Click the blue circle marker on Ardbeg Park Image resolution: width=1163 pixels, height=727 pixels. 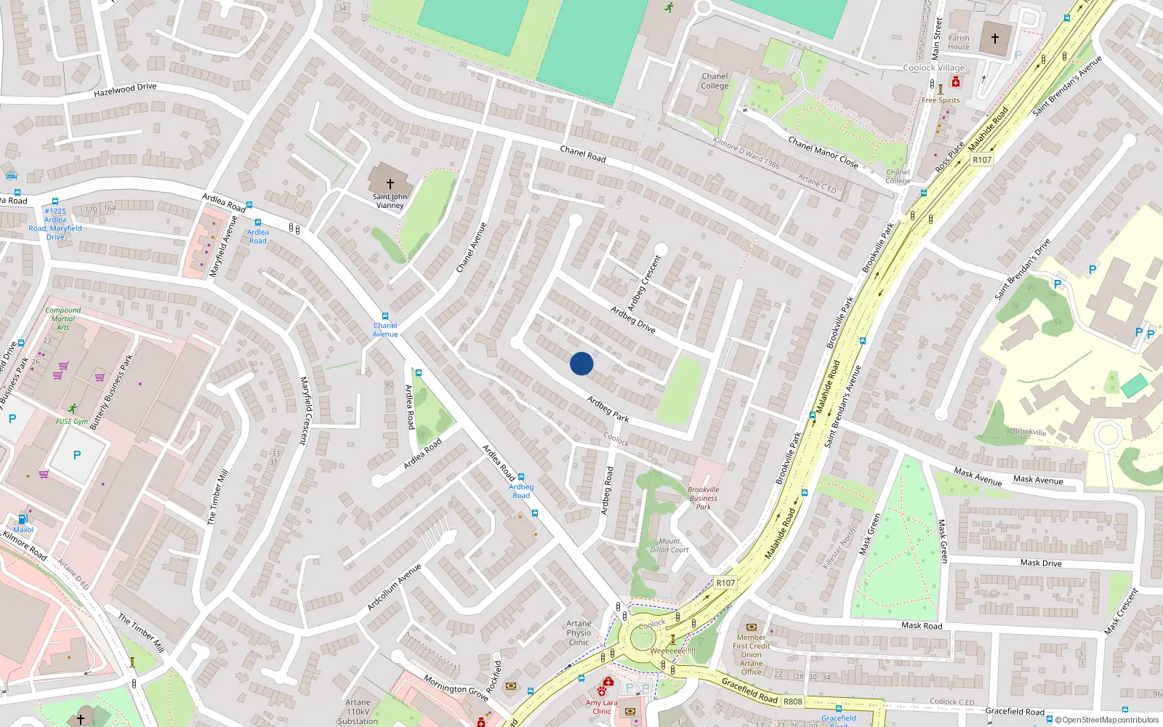pyautogui.click(x=581, y=363)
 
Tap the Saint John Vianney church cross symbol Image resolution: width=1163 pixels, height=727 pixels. pyautogui.click(x=390, y=184)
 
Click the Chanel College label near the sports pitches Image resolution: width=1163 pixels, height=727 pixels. pyautogui.click(x=715, y=81)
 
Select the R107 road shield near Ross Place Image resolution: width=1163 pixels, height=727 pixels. pyautogui.click(x=982, y=160)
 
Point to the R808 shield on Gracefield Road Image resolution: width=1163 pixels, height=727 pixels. pyautogui.click(x=793, y=702)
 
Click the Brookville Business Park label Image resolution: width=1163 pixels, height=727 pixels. pyautogui.click(x=703, y=498)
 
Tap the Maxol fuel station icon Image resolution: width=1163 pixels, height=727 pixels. pyautogui.click(x=23, y=519)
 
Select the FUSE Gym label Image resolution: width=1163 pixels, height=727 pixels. pyautogui.click(x=72, y=422)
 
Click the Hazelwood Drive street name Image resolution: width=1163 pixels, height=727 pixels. pyautogui.click(x=125, y=89)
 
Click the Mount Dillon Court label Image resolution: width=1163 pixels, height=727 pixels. pyautogui.click(x=669, y=545)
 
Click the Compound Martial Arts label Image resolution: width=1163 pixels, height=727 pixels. pyautogui.click(x=63, y=318)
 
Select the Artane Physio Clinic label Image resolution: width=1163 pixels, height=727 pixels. pyautogui.click(x=579, y=632)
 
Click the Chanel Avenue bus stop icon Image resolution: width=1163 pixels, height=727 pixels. pyautogui.click(x=385, y=317)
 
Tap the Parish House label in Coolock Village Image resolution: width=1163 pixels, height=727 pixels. pyautogui.click(x=958, y=42)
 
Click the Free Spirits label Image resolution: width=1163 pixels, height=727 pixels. pyautogui.click(x=941, y=100)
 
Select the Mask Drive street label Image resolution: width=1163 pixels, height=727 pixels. pyautogui.click(x=1041, y=563)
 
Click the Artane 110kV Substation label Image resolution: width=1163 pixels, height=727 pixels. pyautogui.click(x=358, y=712)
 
